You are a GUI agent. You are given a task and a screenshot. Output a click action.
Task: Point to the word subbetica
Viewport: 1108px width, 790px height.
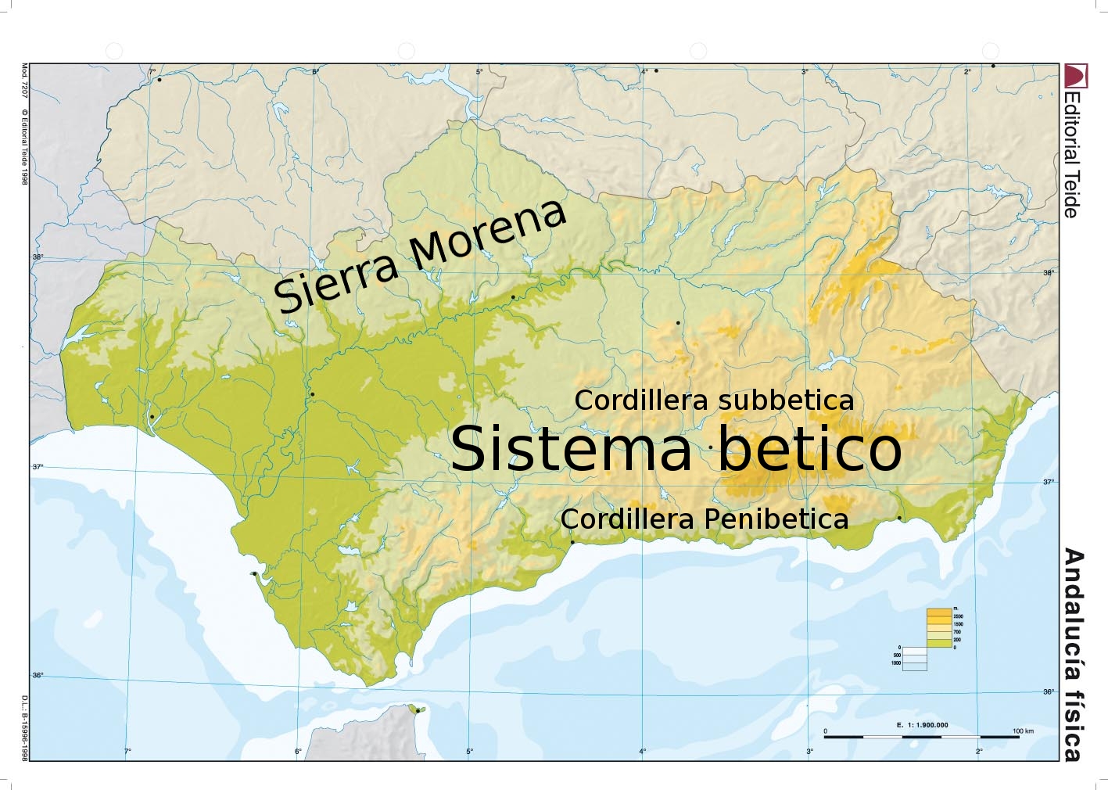point(785,400)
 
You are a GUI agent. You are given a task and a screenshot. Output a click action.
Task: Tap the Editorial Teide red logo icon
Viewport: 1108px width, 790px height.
point(1072,76)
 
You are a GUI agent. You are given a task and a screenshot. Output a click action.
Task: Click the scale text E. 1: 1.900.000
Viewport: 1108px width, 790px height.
point(922,725)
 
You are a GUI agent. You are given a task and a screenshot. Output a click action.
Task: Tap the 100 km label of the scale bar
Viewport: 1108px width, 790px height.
point(1023,731)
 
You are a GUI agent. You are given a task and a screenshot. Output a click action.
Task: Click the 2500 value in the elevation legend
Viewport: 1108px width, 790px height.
point(958,617)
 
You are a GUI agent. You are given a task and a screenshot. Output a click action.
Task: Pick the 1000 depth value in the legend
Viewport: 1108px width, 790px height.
point(896,663)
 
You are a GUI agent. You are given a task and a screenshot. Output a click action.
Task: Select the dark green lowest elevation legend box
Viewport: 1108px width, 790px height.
point(938,643)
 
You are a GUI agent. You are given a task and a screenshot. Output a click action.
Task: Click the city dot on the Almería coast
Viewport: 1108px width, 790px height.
point(899,518)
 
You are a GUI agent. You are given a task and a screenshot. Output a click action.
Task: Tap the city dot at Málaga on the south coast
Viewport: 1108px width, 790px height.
point(572,542)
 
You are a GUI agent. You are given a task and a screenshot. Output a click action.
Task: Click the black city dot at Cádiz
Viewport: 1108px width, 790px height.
point(255,573)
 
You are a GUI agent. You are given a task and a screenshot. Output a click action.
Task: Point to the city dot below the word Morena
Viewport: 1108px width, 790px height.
point(513,297)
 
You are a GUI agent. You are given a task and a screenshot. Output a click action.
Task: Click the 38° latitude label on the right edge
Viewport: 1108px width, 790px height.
point(1049,273)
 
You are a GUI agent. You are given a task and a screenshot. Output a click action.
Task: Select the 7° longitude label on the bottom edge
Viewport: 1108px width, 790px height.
point(127,751)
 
